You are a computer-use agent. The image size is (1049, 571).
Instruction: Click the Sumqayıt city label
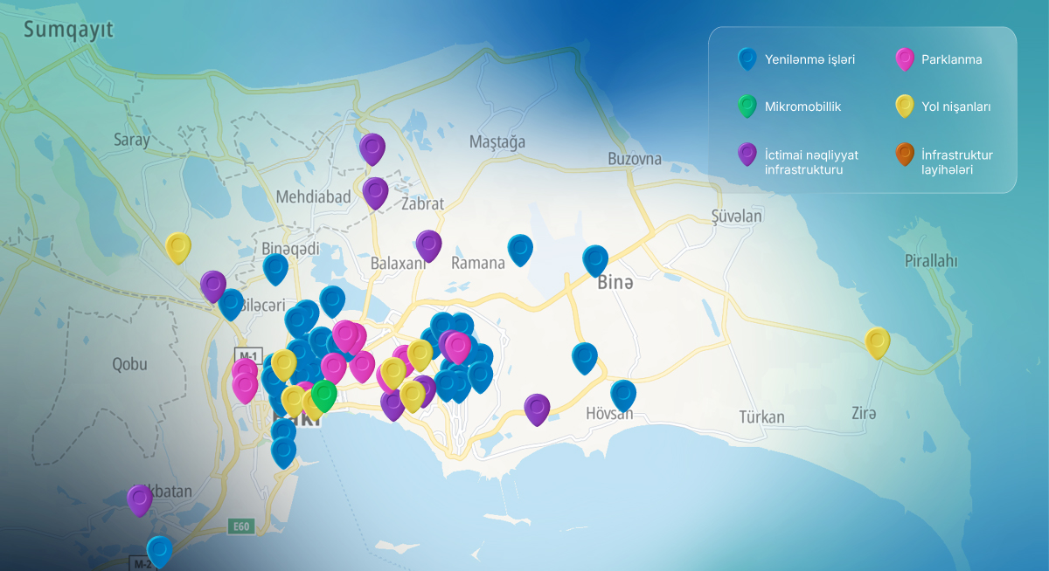coord(68,31)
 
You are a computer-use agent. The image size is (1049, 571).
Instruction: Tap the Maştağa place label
coord(497,141)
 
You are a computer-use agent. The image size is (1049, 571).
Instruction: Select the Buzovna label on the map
coord(635,159)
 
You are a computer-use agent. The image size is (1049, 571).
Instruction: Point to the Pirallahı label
coord(931,260)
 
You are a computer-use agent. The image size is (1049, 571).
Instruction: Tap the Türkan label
coord(761,417)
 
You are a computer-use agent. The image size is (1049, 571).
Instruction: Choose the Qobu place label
coord(129,364)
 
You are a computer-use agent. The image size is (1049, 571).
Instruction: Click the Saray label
coord(132,140)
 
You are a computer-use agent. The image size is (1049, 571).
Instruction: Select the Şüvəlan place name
coord(736,216)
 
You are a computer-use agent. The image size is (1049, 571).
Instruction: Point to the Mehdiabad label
coord(313,196)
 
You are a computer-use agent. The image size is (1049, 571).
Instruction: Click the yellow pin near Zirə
coord(877,341)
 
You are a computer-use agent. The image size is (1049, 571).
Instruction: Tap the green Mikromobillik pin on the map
coord(324,395)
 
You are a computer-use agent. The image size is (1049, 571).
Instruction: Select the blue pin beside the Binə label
coord(595,259)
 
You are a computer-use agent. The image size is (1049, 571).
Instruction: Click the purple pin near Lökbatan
coord(140,499)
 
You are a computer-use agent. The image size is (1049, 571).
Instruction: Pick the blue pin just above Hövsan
coord(623,394)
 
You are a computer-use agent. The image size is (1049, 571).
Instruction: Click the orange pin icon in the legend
coord(905,155)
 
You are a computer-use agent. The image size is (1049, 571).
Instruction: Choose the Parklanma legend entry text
coord(951,60)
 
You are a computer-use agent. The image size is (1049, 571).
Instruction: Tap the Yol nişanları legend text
coord(955,107)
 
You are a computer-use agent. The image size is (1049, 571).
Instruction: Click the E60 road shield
coord(240,526)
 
